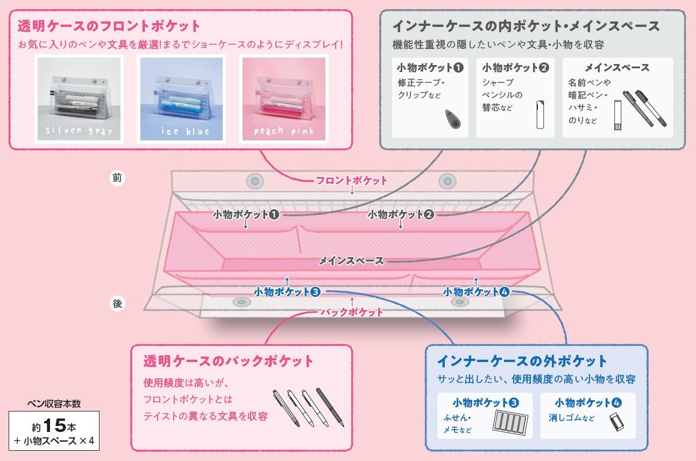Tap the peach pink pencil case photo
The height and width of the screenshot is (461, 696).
pos(283,98)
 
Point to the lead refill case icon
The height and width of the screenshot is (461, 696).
pos(540,115)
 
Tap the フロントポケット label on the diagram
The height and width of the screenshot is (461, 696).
pos(352,180)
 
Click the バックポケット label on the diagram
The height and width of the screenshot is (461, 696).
pos(352,312)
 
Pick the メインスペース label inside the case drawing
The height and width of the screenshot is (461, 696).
pos(351,261)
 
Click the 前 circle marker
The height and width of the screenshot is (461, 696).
pos(117,179)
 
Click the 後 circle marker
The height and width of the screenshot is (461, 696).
pos(118,303)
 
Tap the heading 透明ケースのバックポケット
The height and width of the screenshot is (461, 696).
pos(228,360)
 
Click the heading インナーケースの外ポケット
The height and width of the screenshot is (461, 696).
pos(522,360)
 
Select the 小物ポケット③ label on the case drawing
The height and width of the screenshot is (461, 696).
pos(287,292)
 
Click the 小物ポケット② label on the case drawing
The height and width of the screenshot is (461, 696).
pos(401,214)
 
